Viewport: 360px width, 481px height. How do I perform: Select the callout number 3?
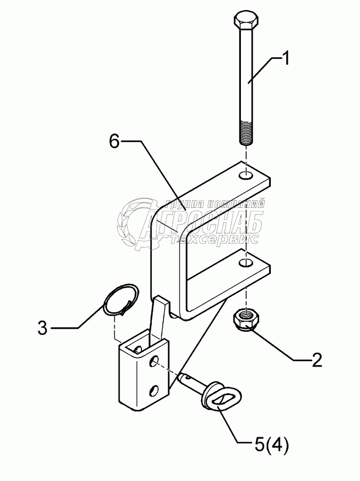click(43, 327)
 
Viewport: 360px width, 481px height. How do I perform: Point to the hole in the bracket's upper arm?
click(246, 175)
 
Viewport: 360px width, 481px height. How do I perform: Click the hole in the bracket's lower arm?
click(246, 263)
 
